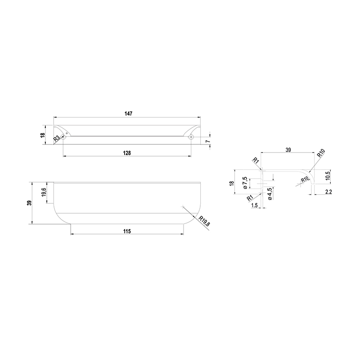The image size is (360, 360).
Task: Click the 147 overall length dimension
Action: [128, 114]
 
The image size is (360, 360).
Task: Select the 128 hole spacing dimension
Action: [127, 153]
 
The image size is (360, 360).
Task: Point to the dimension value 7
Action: [207, 141]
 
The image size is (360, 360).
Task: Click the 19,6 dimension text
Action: [44, 192]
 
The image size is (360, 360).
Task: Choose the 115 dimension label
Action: [127, 231]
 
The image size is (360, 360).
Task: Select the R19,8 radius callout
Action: [204, 221]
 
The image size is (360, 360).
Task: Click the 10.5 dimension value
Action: [328, 175]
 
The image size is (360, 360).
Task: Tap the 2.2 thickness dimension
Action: [328, 192]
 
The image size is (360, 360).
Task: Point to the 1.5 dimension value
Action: [254, 206]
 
